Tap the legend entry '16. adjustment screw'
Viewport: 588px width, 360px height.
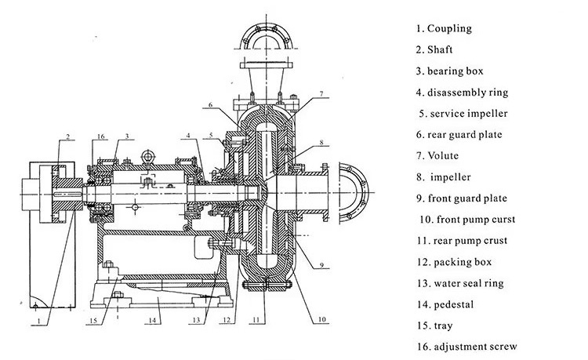[x=468, y=347]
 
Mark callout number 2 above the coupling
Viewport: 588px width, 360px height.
[x=68, y=137]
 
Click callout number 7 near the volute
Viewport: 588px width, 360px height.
[x=321, y=94]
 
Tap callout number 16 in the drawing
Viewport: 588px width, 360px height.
[x=100, y=137]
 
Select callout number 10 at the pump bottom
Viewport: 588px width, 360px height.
[x=321, y=321]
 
